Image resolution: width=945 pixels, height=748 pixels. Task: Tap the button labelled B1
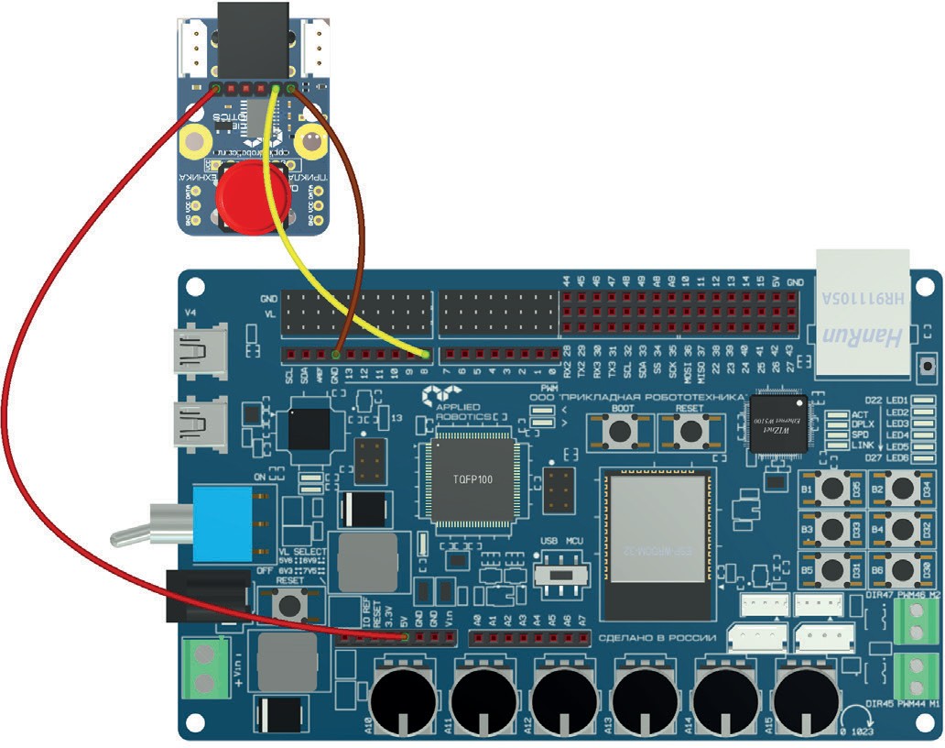click(x=832, y=488)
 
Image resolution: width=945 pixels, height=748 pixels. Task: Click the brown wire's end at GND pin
click(x=337, y=354)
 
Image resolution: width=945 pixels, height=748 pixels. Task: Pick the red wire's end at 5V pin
click(x=404, y=635)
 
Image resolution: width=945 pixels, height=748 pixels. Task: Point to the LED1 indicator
click(x=921, y=401)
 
